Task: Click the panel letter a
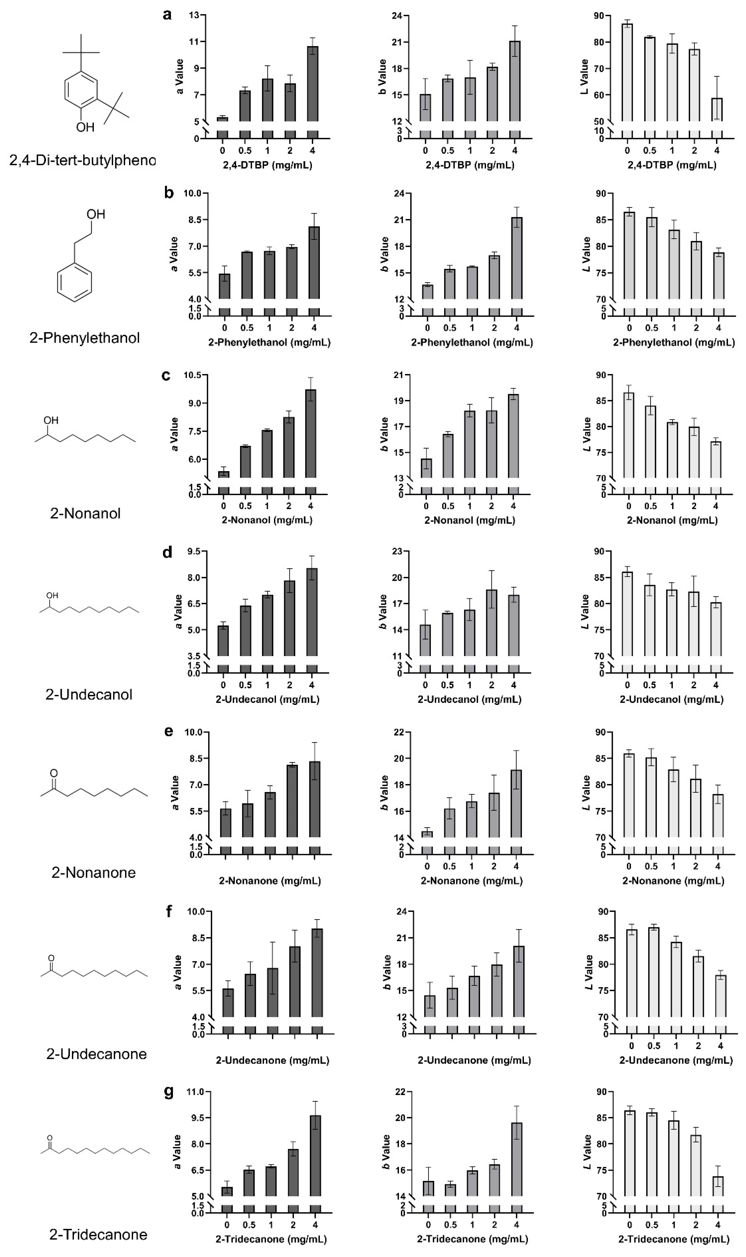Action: pos(167,15)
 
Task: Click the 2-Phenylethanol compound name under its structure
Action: pos(84,338)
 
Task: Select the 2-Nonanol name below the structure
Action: pos(86,513)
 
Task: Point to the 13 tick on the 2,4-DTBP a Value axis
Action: pos(194,15)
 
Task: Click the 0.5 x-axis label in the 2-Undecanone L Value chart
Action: pos(654,1045)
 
